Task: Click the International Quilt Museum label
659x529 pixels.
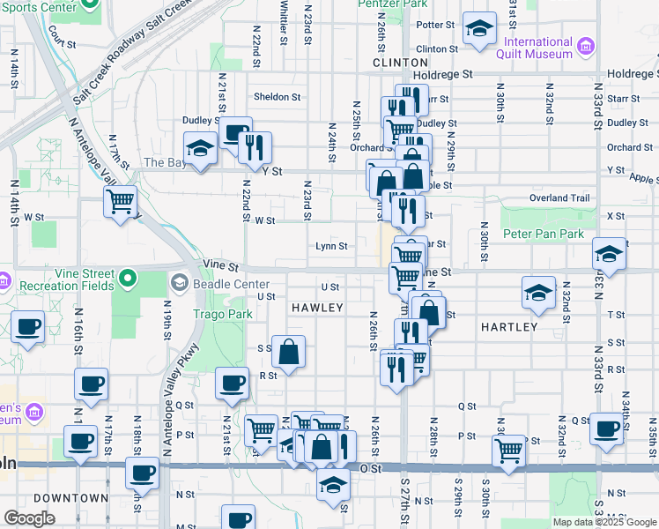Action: tap(538, 48)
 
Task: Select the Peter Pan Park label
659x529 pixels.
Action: tap(544, 235)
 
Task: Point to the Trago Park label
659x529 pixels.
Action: tap(222, 314)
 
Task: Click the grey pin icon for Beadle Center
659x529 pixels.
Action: tap(180, 283)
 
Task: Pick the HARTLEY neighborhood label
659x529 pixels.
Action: tap(509, 327)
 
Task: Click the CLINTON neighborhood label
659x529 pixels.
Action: tap(400, 63)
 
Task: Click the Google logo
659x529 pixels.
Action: tap(29, 518)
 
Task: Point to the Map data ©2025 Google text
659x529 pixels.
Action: tap(603, 522)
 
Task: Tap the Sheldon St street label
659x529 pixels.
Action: tap(278, 97)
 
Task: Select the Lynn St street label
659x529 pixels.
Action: tap(331, 247)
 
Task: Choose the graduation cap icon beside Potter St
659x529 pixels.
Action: tap(479, 29)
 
